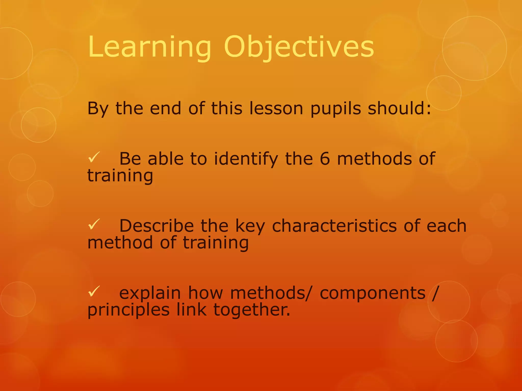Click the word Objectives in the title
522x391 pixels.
coord(299,47)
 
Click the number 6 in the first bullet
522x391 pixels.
coord(325,159)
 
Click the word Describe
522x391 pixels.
coord(156,226)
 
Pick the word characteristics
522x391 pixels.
coord(334,226)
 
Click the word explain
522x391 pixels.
coord(150,293)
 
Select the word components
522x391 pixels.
coord(372,293)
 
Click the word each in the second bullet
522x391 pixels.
coord(446,226)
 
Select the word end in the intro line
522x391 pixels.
coord(165,108)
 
